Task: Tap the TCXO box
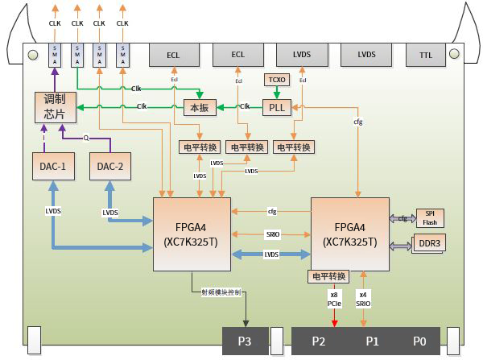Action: tap(279, 80)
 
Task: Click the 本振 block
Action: tap(199, 107)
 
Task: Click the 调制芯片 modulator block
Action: tap(55, 107)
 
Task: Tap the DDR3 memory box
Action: tap(428, 243)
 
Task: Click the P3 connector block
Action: tap(245, 341)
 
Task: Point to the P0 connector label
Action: tap(419, 341)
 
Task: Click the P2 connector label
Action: tap(318, 341)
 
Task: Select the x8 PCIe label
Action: tap(334, 300)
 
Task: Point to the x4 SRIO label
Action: tap(363, 300)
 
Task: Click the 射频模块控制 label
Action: tap(221, 292)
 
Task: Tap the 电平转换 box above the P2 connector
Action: tap(328, 276)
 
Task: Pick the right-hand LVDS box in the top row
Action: tap(366, 55)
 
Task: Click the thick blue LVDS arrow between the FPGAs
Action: tap(271, 254)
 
